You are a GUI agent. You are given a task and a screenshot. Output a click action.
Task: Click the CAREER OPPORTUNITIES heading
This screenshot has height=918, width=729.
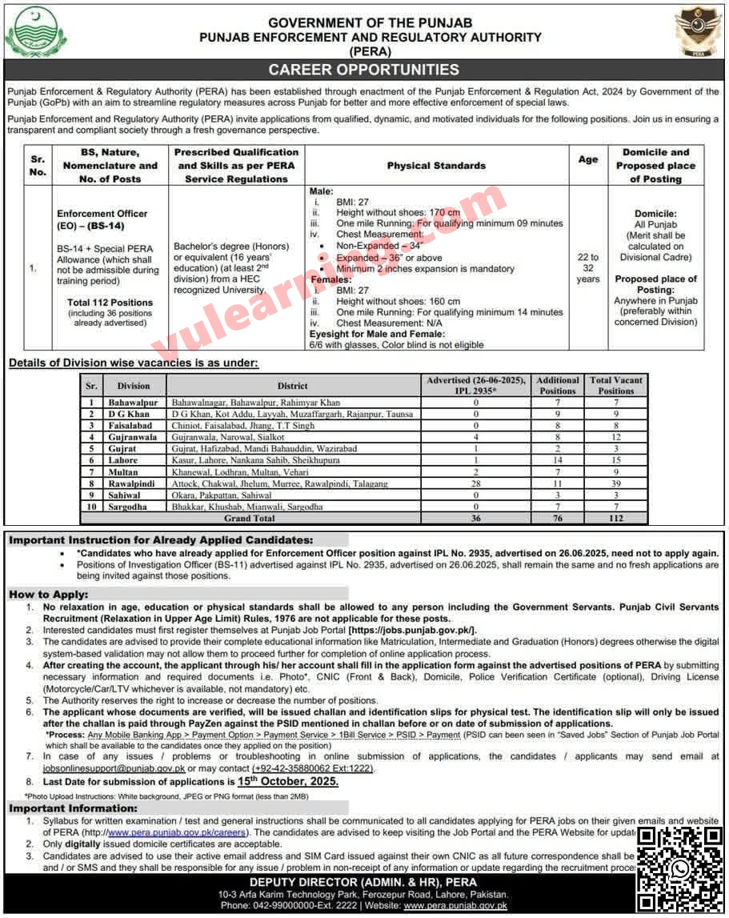click(x=363, y=70)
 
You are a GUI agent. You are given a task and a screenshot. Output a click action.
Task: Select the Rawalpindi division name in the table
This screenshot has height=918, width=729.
click(x=128, y=483)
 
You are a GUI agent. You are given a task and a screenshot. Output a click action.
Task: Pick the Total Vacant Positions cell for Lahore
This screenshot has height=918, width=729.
click(x=616, y=460)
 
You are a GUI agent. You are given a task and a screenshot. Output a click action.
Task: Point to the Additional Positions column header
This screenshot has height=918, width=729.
click(x=557, y=385)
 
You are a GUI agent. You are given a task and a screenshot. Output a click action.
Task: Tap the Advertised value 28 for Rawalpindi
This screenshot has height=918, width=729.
click(x=475, y=483)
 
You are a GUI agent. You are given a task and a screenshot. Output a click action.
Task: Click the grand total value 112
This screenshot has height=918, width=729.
click(x=616, y=518)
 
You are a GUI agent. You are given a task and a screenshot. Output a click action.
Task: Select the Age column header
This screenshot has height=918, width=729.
click(x=588, y=159)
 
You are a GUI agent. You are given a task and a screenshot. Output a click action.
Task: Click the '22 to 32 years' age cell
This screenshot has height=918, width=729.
click(x=588, y=268)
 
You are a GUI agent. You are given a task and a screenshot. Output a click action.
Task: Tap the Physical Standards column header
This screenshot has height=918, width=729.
click(x=436, y=166)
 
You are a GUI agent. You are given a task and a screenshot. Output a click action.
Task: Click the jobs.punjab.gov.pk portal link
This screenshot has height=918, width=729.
click(x=412, y=631)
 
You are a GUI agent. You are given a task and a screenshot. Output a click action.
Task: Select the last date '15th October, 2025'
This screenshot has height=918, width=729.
click(x=288, y=781)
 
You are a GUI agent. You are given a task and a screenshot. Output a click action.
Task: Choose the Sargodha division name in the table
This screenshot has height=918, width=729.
click(x=128, y=507)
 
